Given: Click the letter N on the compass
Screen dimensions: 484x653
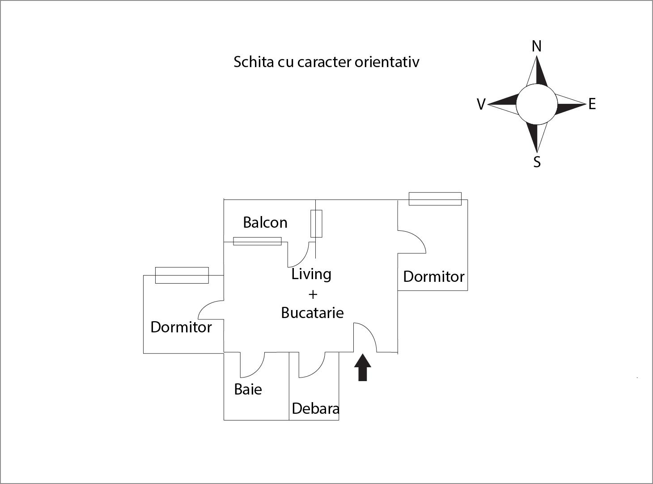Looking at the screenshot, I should pyautogui.click(x=537, y=46).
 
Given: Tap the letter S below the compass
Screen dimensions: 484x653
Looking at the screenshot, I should pyautogui.click(x=537, y=161).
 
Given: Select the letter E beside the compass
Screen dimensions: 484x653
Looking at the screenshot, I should pyautogui.click(x=592, y=104).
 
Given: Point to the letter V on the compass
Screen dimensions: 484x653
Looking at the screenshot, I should pyautogui.click(x=481, y=105).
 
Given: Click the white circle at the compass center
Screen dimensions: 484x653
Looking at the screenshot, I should pyautogui.click(x=537, y=105).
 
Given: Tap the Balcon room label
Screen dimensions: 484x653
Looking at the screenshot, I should pyautogui.click(x=265, y=222).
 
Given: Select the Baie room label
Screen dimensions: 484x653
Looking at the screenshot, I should pyautogui.click(x=248, y=389).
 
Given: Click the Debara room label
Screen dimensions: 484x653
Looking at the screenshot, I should pyautogui.click(x=315, y=408).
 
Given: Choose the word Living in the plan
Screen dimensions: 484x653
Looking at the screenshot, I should pyautogui.click(x=311, y=274).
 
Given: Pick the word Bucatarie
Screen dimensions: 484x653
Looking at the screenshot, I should pyautogui.click(x=312, y=312).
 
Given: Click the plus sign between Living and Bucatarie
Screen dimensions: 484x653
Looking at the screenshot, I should pyautogui.click(x=313, y=294).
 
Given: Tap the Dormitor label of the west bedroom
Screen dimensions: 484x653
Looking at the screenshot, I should pyautogui.click(x=181, y=327).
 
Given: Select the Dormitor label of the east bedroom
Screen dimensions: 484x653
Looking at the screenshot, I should pyautogui.click(x=434, y=276).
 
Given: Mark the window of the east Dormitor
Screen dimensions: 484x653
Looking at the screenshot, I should pyautogui.click(x=435, y=199).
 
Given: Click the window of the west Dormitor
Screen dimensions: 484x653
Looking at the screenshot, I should pyautogui.click(x=182, y=275).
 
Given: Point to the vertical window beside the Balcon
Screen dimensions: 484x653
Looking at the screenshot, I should pyautogui.click(x=316, y=224).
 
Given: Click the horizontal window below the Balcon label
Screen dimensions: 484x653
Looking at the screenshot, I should pyautogui.click(x=257, y=241).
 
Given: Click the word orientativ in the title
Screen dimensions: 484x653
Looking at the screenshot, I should pyautogui.click(x=387, y=62).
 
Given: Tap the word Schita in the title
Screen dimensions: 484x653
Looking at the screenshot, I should pyautogui.click(x=253, y=62).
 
